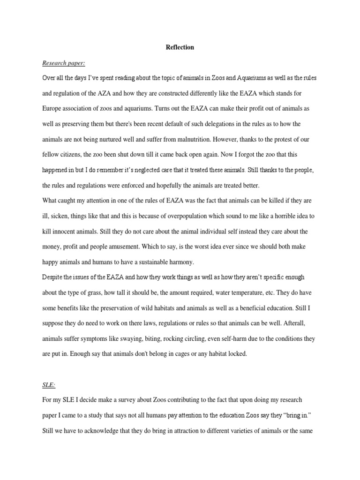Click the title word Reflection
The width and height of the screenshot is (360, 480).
coord(180,47)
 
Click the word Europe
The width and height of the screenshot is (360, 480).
coord(52,108)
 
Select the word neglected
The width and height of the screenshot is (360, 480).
coord(162,170)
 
